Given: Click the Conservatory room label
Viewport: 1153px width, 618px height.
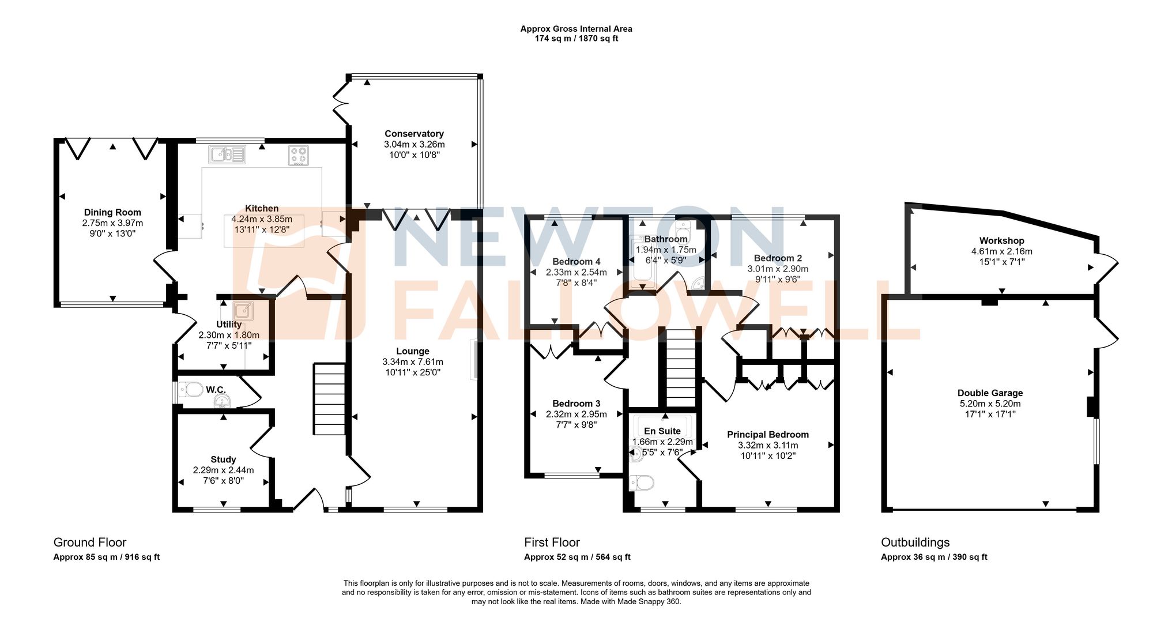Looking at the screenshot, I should (x=414, y=134).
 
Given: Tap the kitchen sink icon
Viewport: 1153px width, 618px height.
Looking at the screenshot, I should (x=227, y=154).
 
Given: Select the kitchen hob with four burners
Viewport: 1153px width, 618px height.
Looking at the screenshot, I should (x=299, y=156).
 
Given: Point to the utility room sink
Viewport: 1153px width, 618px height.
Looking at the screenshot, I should (x=243, y=311).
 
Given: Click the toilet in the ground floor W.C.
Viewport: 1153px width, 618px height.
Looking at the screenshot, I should (x=191, y=390).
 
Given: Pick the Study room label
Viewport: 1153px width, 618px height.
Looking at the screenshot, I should (x=223, y=459).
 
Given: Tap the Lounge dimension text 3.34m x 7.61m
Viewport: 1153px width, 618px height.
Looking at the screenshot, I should (x=413, y=362).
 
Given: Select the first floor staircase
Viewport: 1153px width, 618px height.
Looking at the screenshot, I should (x=681, y=369).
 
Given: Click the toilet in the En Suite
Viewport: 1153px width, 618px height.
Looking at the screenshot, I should (x=641, y=482).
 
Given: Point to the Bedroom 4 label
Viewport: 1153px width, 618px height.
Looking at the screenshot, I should (x=576, y=262).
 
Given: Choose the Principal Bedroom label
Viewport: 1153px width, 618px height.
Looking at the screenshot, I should (x=767, y=435).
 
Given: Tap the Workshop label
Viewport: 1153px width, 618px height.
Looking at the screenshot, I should (x=1001, y=241).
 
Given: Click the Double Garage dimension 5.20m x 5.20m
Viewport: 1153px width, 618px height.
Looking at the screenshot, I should (x=990, y=404).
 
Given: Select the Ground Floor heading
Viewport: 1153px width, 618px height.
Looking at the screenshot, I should (x=90, y=542).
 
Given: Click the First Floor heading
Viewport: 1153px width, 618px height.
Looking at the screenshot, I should (x=552, y=542).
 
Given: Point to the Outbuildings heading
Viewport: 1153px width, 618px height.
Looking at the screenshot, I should (x=915, y=542).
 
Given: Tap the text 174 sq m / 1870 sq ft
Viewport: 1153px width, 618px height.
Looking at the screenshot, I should (x=576, y=39).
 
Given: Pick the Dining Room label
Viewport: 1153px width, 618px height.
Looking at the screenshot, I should (x=112, y=213).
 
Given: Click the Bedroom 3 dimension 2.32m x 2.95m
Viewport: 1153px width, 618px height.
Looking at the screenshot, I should (x=576, y=414).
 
